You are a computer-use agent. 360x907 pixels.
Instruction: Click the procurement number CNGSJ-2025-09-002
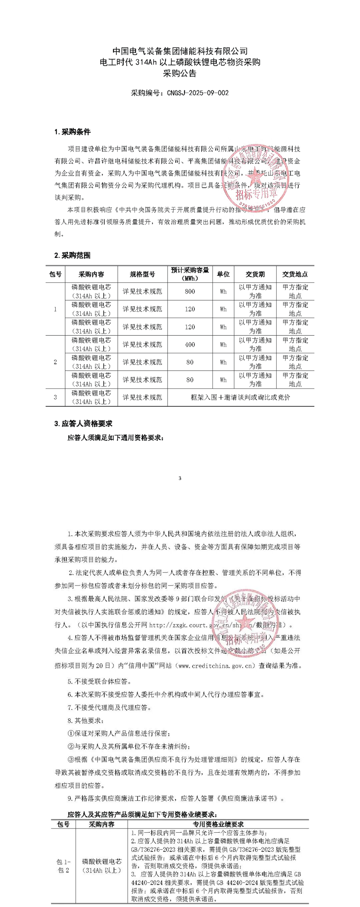198,93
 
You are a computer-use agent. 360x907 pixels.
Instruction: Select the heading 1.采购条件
72,132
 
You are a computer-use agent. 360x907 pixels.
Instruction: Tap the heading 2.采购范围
72,255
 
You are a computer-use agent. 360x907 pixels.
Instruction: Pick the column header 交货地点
295,274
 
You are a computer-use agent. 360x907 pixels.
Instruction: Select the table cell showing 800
190,292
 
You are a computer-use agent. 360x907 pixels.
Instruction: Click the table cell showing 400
190,345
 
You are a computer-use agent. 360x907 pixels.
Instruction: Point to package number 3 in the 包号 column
55,397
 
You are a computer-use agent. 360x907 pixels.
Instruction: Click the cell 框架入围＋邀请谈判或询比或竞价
240,397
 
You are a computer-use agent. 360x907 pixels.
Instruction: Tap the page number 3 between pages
180,478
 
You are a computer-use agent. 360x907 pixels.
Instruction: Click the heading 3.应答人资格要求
83,423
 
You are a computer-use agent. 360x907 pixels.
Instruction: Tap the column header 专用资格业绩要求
218,824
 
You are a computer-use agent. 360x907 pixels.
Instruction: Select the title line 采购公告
180,74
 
